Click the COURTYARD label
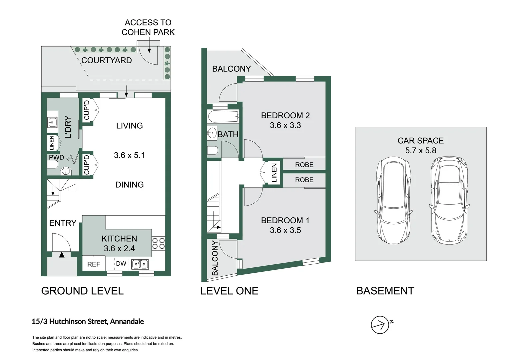coord(106,60)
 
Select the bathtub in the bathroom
coord(224,116)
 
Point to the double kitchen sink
coord(140,264)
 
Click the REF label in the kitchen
coord(94,264)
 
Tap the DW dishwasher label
coord(121,264)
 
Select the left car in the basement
coord(394,200)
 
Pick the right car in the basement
coord(449,200)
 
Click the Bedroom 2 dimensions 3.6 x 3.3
coord(285,125)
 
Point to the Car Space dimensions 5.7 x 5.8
coord(421,151)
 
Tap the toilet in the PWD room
coord(53,164)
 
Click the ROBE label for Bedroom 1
coord(304,180)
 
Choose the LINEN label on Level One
coord(274,173)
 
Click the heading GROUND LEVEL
coord(82,291)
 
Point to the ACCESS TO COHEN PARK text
coord(148,28)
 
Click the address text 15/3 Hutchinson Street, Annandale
coord(88,322)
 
